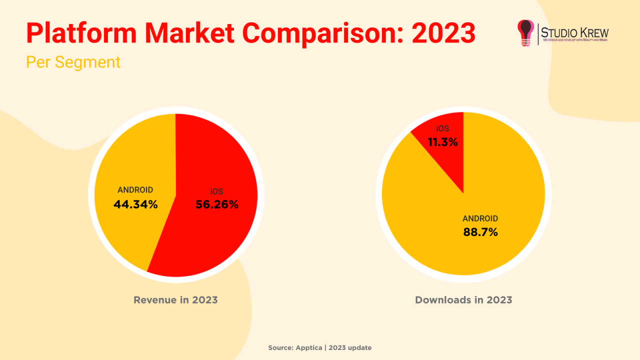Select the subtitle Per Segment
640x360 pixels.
(x=73, y=62)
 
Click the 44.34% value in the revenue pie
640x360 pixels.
(x=135, y=204)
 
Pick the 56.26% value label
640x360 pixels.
(x=216, y=204)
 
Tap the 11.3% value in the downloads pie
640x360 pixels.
(x=442, y=142)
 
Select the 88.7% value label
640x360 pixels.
(x=480, y=232)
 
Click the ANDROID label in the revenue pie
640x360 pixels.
(x=135, y=190)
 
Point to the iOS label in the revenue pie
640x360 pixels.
(x=216, y=191)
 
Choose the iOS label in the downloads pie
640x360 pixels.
(x=442, y=129)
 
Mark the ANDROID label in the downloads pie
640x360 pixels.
(x=480, y=218)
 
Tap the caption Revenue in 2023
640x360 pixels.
(x=175, y=300)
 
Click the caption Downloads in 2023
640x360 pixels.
(x=463, y=300)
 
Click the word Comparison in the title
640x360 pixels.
(x=320, y=33)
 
